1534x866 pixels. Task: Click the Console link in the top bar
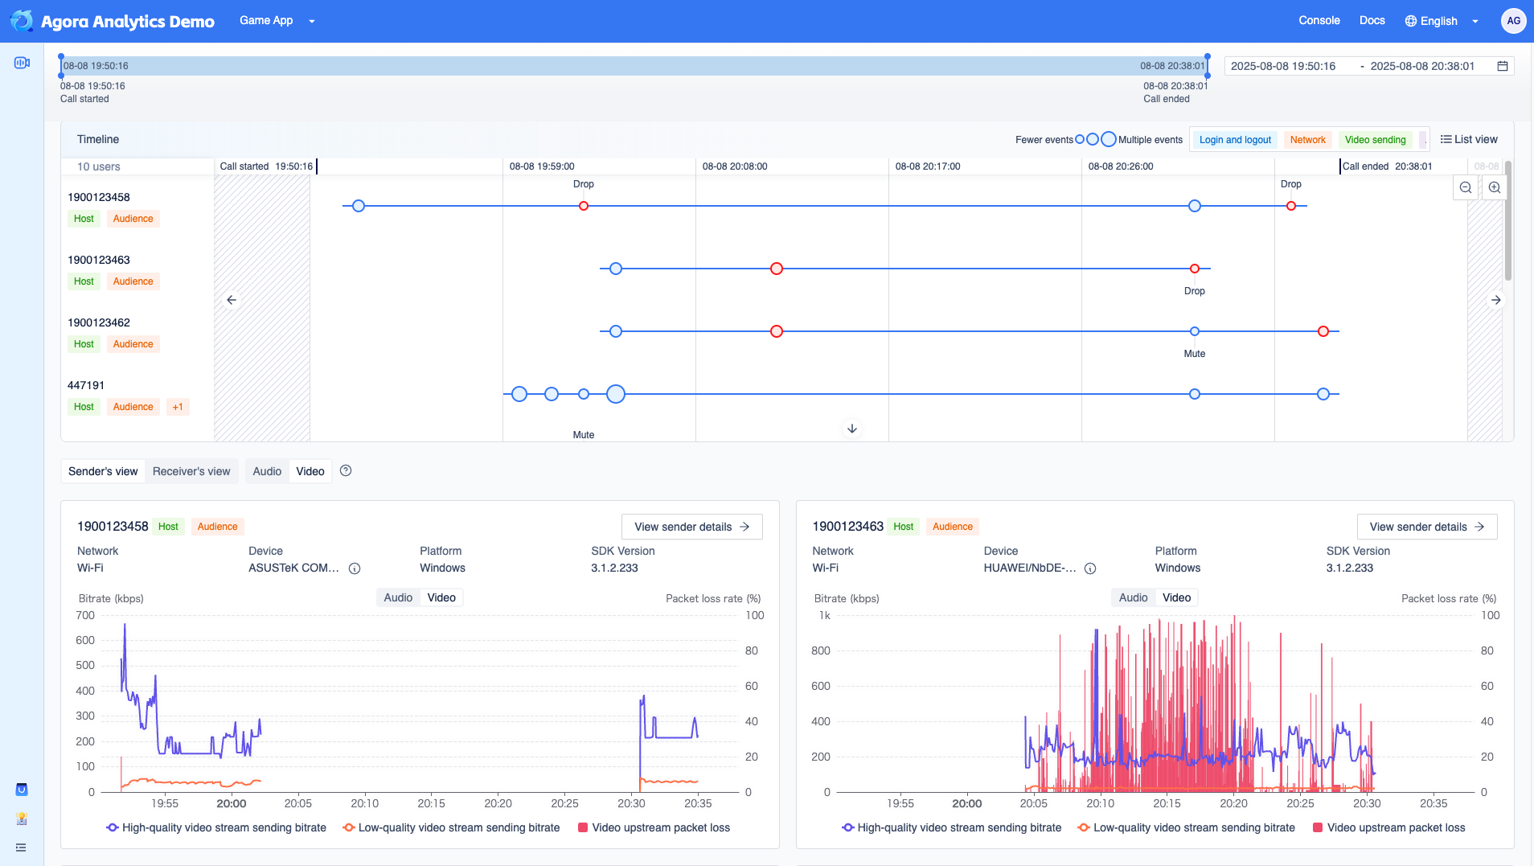pos(1319,21)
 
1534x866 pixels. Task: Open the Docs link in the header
pos(1372,21)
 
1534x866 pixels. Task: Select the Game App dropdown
pos(277,21)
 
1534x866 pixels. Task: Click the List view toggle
pos(1469,139)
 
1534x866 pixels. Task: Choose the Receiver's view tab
pos(191,471)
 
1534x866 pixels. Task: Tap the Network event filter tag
pos(1307,140)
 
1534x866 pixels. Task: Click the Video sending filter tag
pos(1375,140)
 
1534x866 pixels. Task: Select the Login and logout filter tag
pos(1235,140)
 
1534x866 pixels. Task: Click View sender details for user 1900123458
pos(691,527)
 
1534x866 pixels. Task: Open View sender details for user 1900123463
pos(1426,527)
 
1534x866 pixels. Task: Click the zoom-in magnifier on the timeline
pos(1495,187)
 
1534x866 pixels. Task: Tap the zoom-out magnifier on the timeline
pos(1466,187)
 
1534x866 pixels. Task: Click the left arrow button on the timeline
pos(232,300)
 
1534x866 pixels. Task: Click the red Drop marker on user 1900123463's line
pos(1195,269)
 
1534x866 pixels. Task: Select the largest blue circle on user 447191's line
pos(616,394)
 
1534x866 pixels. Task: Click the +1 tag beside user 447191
pos(178,407)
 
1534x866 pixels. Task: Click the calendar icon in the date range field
pos(1502,66)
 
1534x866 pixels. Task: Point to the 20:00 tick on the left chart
pos(232,803)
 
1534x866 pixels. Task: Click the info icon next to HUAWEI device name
pos(1090,568)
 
